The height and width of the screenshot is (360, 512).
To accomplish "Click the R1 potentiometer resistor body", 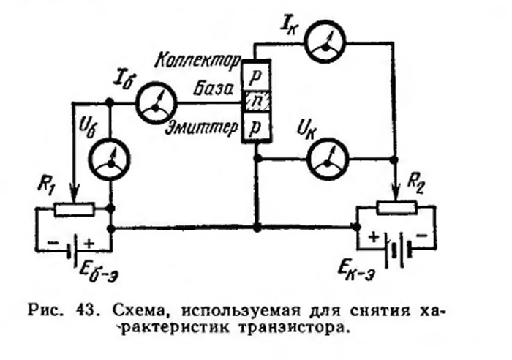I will (75, 209).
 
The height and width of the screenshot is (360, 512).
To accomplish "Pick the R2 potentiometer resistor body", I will (396, 209).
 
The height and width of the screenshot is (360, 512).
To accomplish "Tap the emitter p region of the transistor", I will (257, 127).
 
